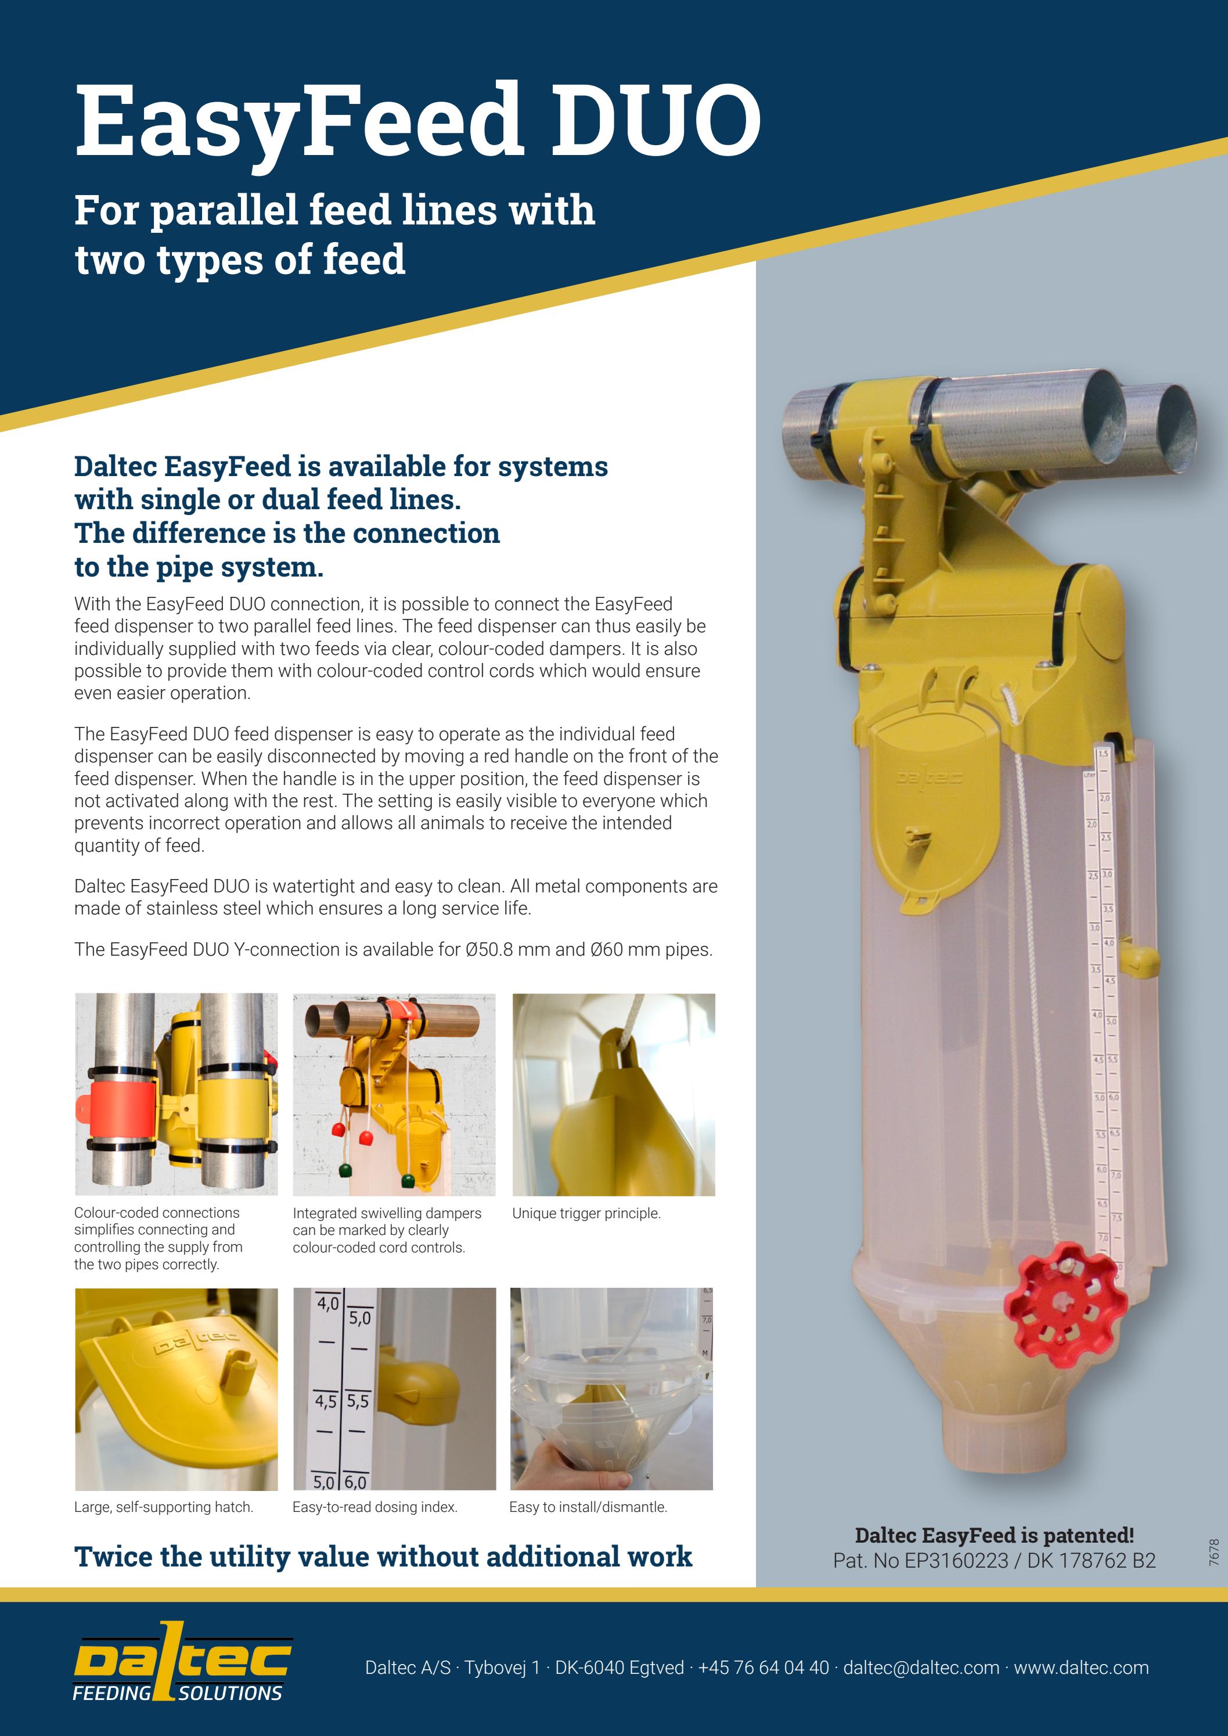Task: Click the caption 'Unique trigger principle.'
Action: [586, 1213]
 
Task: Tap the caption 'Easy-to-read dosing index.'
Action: [374, 1507]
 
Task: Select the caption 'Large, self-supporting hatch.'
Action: [163, 1507]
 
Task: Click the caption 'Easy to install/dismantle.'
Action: [588, 1507]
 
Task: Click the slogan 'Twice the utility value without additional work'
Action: [383, 1557]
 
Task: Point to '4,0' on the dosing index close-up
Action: [327, 1303]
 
